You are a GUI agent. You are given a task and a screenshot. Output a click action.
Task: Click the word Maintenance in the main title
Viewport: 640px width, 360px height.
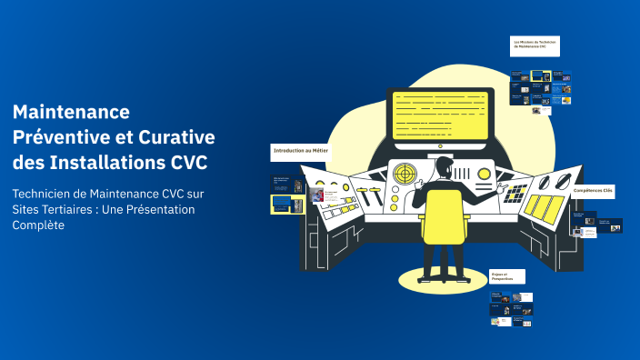point(72,112)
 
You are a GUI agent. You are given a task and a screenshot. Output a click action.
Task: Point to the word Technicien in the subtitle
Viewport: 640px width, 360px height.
point(45,193)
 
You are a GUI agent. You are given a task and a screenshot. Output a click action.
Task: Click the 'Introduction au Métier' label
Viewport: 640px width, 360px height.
point(300,150)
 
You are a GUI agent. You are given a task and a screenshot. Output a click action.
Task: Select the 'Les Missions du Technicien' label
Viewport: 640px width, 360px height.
point(535,45)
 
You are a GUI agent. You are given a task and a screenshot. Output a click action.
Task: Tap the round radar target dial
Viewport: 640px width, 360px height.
point(405,173)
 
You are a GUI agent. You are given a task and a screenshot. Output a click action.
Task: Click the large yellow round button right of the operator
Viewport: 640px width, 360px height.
point(485,173)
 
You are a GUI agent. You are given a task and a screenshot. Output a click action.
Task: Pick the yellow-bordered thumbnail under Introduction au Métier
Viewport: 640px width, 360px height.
point(287,204)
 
